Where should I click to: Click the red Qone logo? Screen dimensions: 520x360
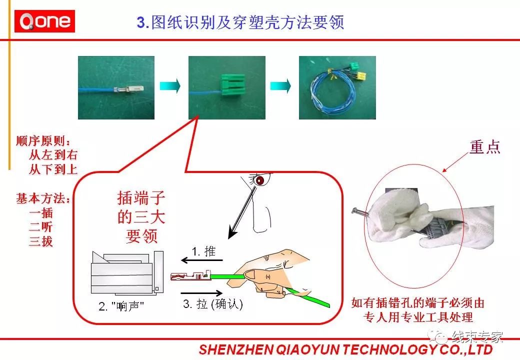pos(44,21)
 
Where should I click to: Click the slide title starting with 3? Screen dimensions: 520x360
pos(240,22)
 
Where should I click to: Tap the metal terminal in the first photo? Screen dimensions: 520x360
pos(128,89)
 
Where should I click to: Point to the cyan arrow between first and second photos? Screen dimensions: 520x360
pos(170,86)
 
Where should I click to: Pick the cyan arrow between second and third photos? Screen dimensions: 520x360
pos(280,86)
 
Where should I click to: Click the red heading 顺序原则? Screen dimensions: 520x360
pos(43,141)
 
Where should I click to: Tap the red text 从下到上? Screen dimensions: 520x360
pos(53,169)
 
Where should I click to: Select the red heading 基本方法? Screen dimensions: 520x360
pos(43,198)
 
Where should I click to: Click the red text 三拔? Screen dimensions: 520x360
pos(41,241)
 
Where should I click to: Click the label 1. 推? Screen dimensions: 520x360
pos(203,251)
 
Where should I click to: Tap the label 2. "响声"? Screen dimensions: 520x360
pos(121,306)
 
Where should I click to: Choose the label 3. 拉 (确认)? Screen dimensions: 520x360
pos(213,303)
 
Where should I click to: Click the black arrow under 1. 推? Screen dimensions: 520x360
pos(202,260)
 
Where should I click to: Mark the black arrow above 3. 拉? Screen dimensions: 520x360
pos(201,293)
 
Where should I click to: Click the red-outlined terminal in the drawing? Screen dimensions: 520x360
pos(191,276)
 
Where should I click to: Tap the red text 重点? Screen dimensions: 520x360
pos(484,147)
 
